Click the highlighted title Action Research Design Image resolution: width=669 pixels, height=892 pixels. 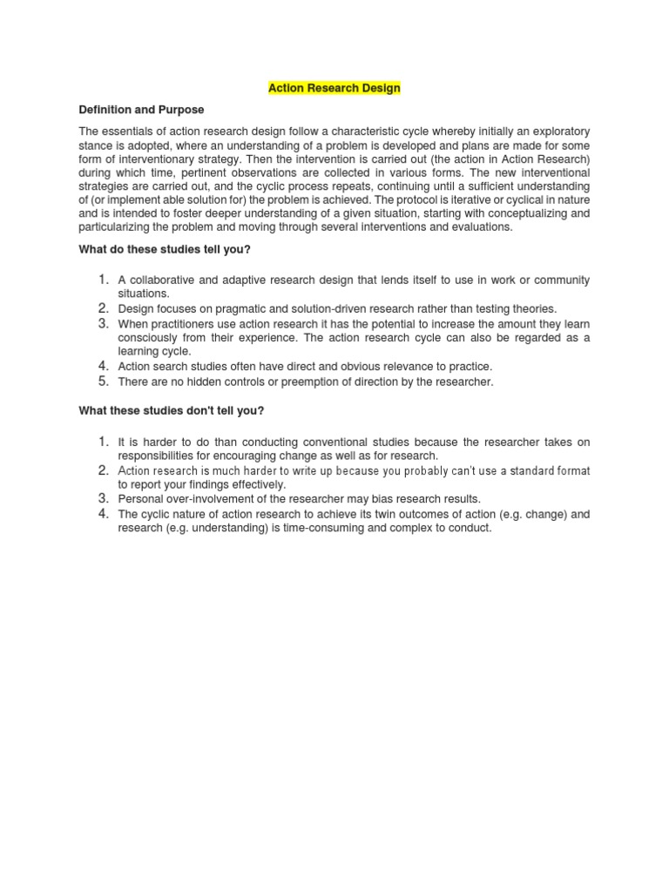[334, 88]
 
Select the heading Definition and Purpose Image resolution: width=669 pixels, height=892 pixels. [142, 110]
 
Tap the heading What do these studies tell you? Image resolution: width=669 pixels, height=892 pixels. [165, 250]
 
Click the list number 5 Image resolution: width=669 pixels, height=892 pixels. [103, 381]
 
